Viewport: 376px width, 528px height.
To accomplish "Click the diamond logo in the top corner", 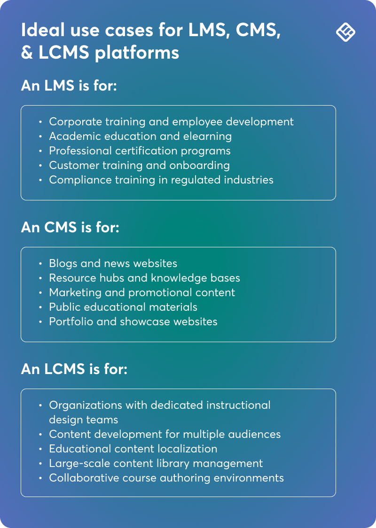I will click(x=345, y=32).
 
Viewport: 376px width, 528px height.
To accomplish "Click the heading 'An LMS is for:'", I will click(x=69, y=86).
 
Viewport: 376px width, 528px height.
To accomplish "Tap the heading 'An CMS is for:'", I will click(x=70, y=228).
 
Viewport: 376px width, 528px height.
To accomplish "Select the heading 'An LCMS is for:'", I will click(x=74, y=369).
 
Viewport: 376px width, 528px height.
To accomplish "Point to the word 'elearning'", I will click(x=209, y=136).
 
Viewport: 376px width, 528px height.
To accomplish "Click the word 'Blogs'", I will click(x=63, y=263).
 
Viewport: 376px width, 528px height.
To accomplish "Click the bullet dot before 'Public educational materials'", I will click(x=41, y=307).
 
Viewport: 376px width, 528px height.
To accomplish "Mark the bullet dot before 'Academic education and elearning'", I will click(x=41, y=137).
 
